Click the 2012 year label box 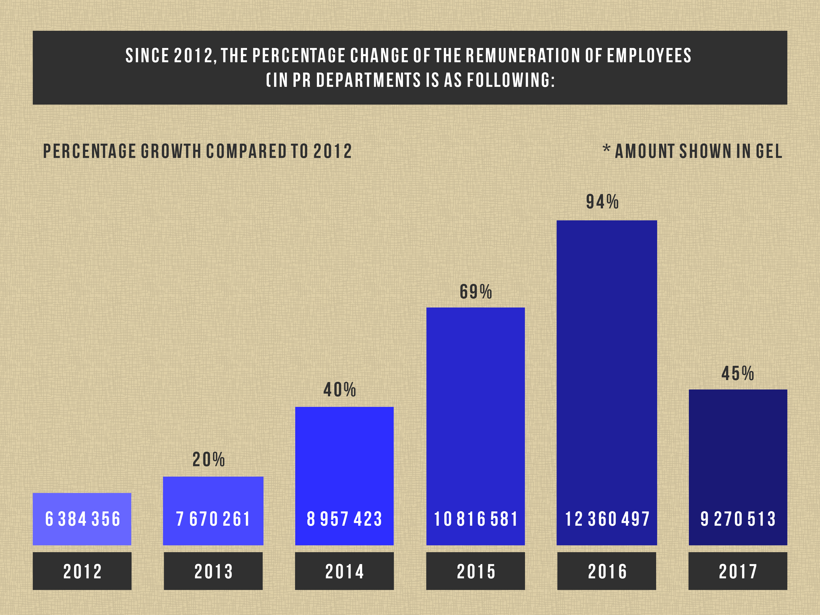click(82, 571)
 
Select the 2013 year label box click(213, 571)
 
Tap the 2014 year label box click(344, 571)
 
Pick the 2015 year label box click(476, 571)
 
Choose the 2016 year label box click(607, 571)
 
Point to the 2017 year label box click(738, 571)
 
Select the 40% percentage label click(340, 390)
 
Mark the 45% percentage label click(738, 373)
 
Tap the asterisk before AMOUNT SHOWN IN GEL click(606, 149)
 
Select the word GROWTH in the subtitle click(171, 151)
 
